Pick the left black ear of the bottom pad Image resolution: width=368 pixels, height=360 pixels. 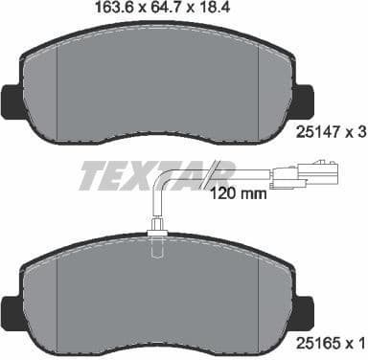coord(9,310)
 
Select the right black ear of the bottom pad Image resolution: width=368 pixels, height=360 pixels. coord(307,308)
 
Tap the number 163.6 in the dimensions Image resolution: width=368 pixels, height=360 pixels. coord(111,9)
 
